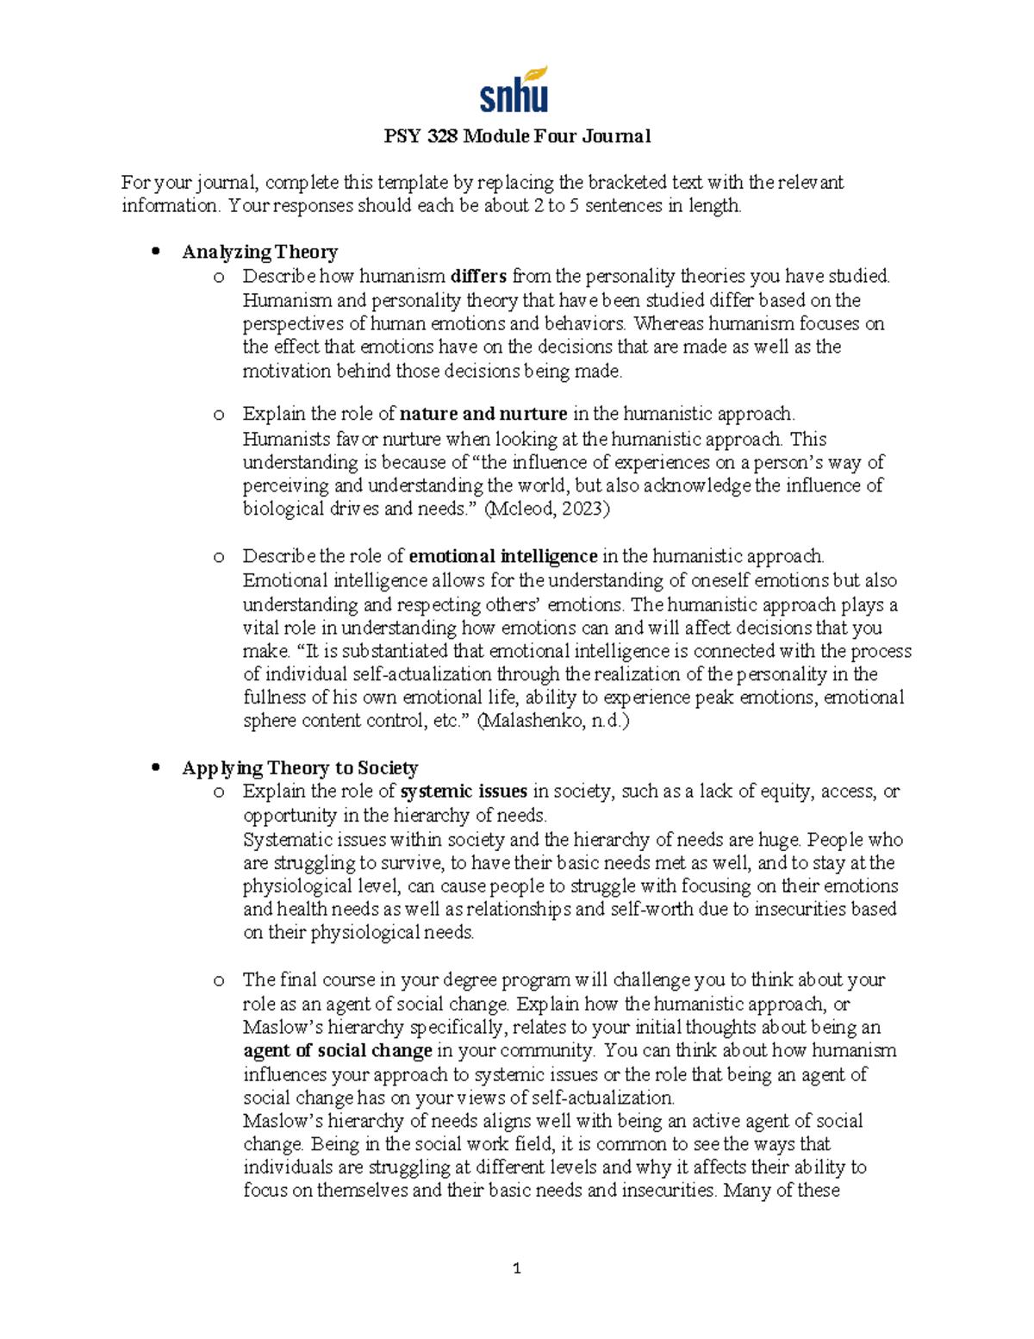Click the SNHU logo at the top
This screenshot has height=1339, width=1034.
pos(514,90)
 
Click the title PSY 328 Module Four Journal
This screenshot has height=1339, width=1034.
pos(517,136)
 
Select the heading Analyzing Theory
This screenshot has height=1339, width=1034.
pos(259,252)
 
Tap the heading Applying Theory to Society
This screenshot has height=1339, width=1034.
pos(300,767)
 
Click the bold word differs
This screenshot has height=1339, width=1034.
pos(478,276)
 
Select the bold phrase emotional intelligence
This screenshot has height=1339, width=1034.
pos(502,556)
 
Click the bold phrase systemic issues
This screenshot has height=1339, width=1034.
pos(464,792)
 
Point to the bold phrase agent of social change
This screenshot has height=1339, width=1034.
pos(337,1051)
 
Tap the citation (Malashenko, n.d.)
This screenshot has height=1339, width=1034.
pos(552,721)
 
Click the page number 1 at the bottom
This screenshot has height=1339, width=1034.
pos(516,1268)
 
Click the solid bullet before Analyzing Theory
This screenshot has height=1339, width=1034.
pos(156,252)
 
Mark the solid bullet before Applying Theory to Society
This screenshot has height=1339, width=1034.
pos(156,767)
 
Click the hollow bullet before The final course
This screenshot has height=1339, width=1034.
pos(219,980)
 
